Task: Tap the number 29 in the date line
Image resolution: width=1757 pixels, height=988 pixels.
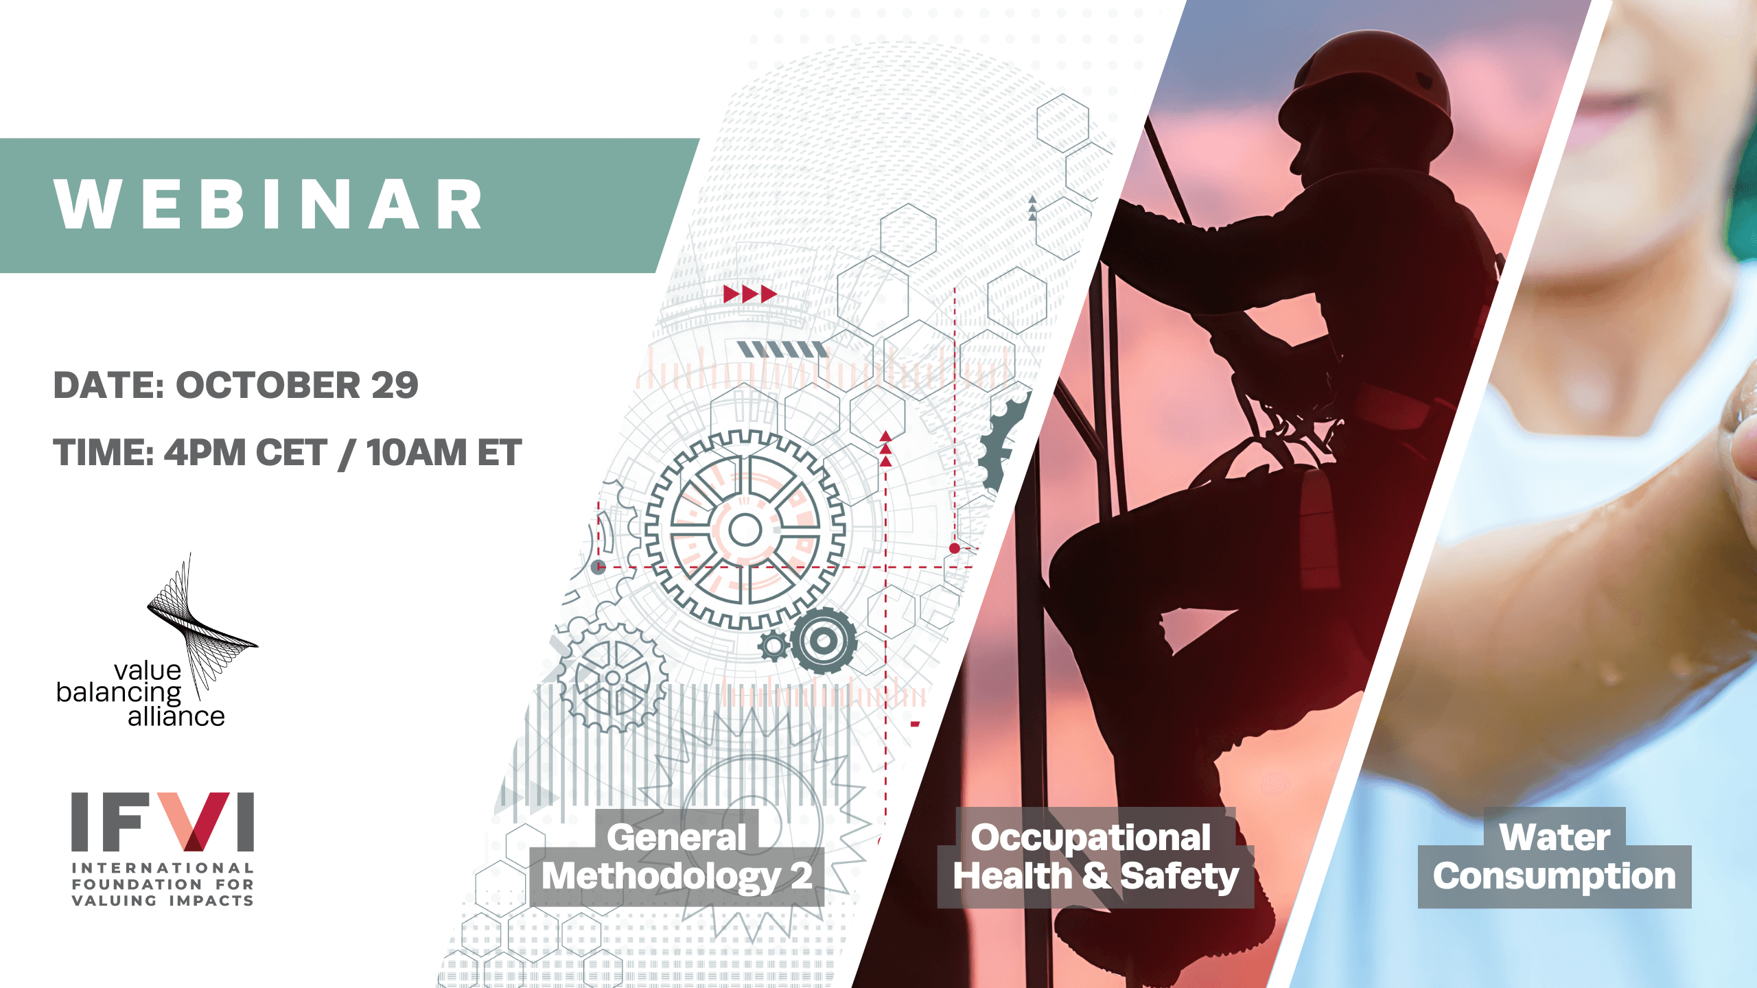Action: click(395, 385)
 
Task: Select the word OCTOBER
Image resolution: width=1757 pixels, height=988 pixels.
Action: click(268, 385)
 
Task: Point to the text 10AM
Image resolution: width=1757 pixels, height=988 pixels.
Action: click(417, 453)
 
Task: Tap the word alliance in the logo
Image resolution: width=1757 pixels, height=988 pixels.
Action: click(176, 716)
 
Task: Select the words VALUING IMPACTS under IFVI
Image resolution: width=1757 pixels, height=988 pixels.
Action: click(163, 900)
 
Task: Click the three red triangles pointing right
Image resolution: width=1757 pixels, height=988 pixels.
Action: click(750, 294)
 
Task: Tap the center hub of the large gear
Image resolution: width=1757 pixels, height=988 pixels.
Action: click(745, 530)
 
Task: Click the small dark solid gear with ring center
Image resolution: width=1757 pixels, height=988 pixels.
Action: click(824, 641)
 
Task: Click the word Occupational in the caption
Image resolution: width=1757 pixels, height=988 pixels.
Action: click(1091, 838)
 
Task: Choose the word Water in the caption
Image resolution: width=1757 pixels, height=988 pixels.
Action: click(1555, 837)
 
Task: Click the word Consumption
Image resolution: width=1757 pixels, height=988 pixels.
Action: click(1555, 877)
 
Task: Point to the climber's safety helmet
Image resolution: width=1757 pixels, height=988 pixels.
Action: click(1366, 89)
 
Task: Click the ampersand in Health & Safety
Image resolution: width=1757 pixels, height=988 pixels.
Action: click(1096, 876)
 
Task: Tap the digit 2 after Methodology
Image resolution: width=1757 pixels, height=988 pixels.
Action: click(801, 875)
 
